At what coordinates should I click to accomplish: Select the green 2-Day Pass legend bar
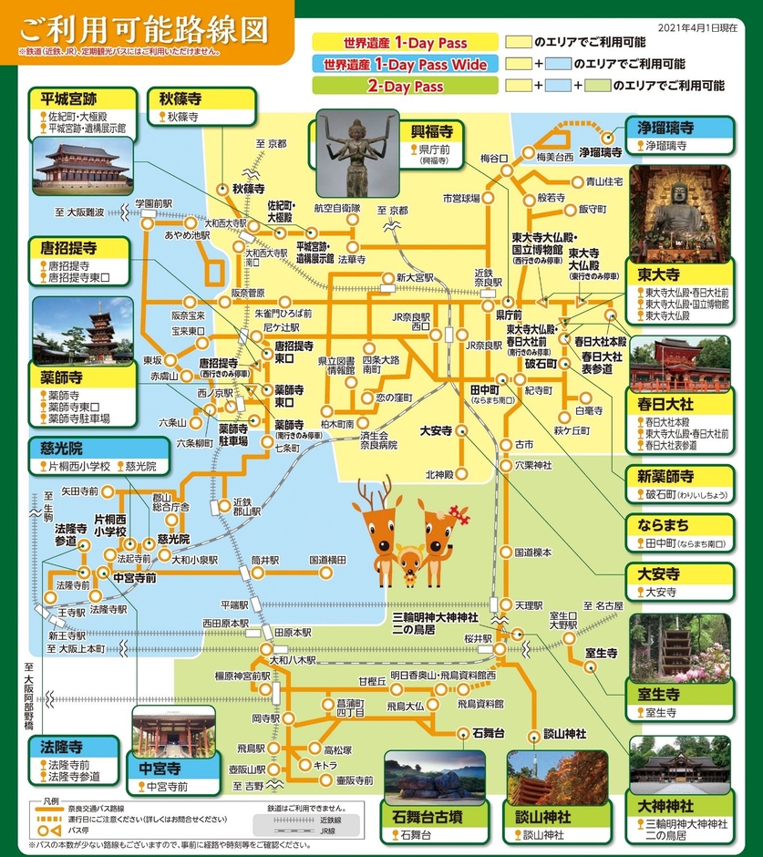tap(405, 88)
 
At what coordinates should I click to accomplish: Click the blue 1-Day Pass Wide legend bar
tap(405, 65)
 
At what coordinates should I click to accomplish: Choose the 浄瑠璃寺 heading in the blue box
tap(662, 128)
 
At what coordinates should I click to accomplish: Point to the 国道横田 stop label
tap(327, 560)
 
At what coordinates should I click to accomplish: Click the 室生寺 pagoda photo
tap(679, 649)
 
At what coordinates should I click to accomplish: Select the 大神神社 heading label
tap(666, 807)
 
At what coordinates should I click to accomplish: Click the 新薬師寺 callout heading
tap(665, 477)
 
